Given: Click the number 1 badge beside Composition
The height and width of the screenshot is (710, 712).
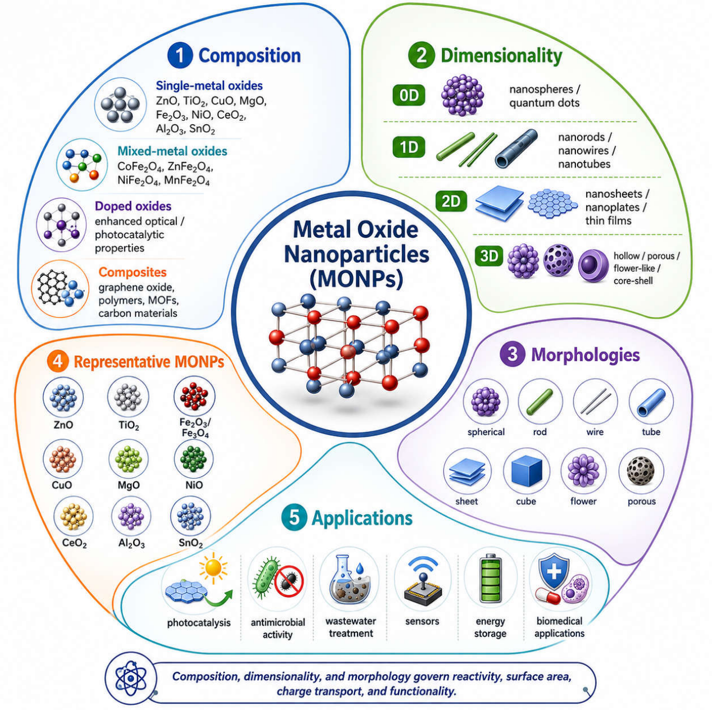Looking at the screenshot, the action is coord(180,56).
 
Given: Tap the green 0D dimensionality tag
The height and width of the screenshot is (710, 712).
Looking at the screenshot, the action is coord(409,95).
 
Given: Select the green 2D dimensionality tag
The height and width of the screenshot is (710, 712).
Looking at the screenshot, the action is coord(451,201).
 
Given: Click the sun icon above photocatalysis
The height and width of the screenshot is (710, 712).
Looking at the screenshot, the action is coord(213,567).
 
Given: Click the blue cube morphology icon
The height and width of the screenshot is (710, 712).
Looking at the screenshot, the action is coord(527,471).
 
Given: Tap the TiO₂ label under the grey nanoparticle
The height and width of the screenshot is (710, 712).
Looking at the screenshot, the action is coord(129,426).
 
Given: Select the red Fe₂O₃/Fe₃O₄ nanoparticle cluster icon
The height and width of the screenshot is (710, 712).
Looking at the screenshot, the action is coord(194,396).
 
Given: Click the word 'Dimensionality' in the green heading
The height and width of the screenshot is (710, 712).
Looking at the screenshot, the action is coord(501,56).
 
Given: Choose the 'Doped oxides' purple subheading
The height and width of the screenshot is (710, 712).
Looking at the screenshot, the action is coord(133,206).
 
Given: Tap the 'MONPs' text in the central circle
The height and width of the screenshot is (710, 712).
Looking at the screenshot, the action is coord(356,279).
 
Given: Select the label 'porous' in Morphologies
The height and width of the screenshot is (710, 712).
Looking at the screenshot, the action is coord(641,502).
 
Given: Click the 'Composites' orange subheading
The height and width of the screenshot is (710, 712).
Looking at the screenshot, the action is coord(133,272).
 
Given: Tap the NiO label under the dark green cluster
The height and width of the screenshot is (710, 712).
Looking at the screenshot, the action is coord(194,485).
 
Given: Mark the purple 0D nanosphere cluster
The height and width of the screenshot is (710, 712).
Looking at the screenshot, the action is coord(462,95).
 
